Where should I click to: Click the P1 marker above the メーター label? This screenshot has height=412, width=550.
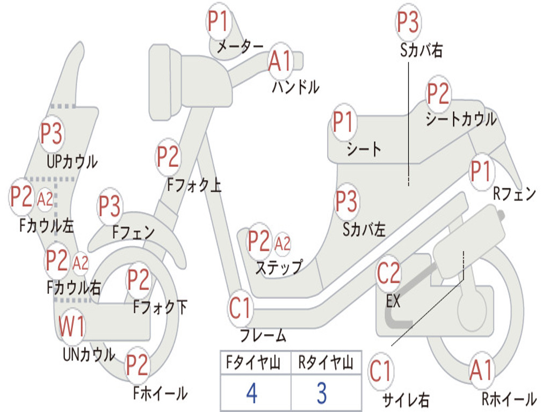pyautogui.click(x=219, y=21)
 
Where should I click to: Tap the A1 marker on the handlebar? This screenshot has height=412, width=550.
pyautogui.click(x=280, y=61)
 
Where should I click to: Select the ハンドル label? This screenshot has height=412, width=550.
pyautogui.click(x=296, y=86)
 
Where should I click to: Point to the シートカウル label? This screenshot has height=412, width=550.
pyautogui.click(x=461, y=119)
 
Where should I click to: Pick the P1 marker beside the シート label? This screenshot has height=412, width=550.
pyautogui.click(x=343, y=122)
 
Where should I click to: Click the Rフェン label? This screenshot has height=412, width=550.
pyautogui.click(x=515, y=193)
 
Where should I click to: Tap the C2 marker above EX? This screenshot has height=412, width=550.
pyautogui.click(x=389, y=273)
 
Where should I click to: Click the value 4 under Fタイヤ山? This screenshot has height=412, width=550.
pyautogui.click(x=252, y=393)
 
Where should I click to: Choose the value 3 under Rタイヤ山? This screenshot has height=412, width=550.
pyautogui.click(x=322, y=393)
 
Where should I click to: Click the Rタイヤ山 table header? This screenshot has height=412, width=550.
pyautogui.click(x=325, y=362)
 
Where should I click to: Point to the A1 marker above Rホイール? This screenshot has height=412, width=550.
pyautogui.click(x=482, y=370)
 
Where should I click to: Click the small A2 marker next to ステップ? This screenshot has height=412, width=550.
pyautogui.click(x=283, y=244)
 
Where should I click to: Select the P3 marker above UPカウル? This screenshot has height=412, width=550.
pyautogui.click(x=52, y=134)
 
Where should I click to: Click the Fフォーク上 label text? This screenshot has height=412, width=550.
pyautogui.click(x=194, y=185)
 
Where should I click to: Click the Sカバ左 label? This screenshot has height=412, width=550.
pyautogui.click(x=364, y=230)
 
